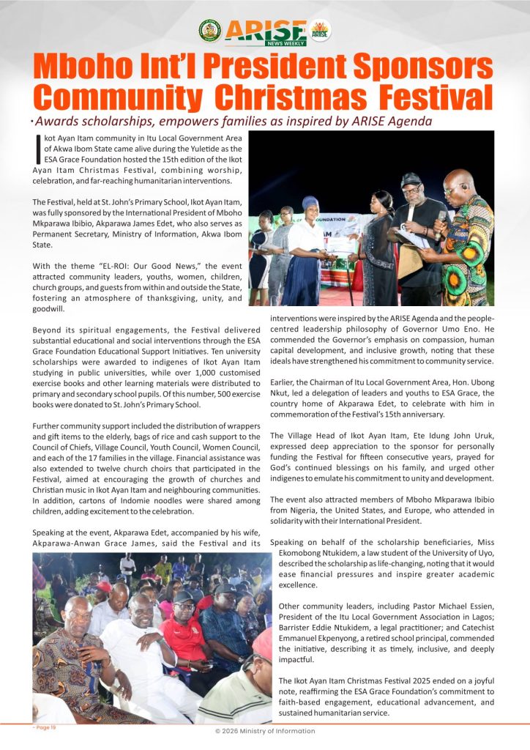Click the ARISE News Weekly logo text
coord(265,31)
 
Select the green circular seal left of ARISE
coord(209,31)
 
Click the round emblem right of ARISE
coord(320,30)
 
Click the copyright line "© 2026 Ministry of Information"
coord(265,731)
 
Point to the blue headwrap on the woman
coord(310,203)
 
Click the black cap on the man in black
coord(411,179)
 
